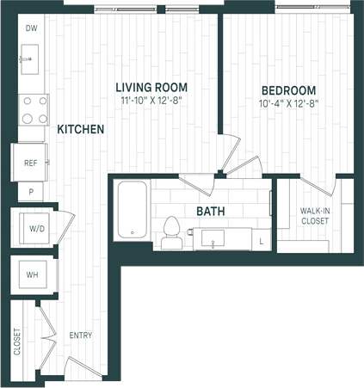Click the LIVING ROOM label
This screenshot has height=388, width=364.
coord(152,88)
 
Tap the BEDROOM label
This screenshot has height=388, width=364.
coord(288,90)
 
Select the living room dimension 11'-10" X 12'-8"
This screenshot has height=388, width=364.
coord(152,101)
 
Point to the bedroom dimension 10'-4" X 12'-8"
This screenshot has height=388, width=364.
coord(288,102)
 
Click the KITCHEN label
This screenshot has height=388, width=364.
coord(81,130)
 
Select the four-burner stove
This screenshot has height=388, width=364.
coord(34,109)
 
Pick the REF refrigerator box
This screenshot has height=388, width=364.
coord(29,161)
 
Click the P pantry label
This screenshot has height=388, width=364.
coord(30,193)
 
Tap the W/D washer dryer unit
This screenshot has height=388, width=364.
coord(36,228)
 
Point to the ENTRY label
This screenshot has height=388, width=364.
coord(80,336)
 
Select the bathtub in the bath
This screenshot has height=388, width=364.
coord(133,209)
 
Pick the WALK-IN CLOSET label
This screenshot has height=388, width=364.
coord(316,216)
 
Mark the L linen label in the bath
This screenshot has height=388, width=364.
coord(262,243)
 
